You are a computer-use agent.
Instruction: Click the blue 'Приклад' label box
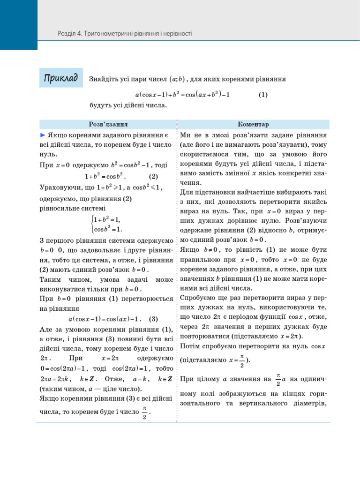pos(61,77)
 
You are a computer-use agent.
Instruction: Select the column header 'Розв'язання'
pos(108,125)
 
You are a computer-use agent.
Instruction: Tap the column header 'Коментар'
pos(253,125)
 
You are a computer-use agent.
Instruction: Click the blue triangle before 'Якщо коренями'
pos(42,135)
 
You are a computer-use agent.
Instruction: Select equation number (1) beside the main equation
pos(263,94)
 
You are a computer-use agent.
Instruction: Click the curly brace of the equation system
pos(91,224)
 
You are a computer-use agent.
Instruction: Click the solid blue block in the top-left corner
pos(18,24)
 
